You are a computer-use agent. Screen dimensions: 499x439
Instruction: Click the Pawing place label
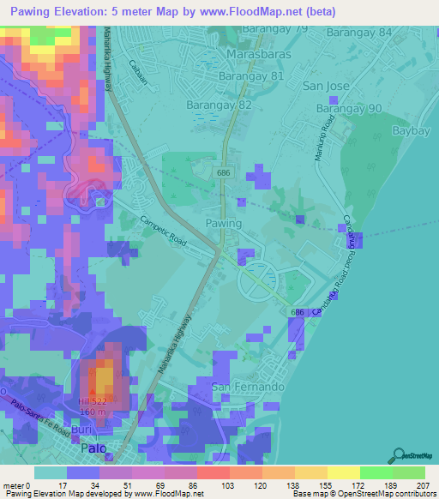(223, 223)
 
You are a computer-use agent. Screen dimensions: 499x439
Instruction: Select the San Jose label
(326, 87)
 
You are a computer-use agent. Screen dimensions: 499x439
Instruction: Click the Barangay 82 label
(219, 105)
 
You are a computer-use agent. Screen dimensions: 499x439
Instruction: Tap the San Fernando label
(248, 387)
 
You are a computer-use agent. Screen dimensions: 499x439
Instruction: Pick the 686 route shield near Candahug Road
(298, 312)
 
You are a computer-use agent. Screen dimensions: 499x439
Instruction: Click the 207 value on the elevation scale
(424, 484)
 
